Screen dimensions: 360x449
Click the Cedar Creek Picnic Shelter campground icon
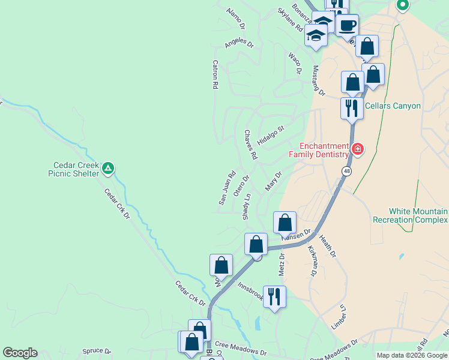[x=107, y=169]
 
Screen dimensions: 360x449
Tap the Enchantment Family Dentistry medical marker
[x=358, y=149]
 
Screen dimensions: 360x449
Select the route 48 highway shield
[x=347, y=172]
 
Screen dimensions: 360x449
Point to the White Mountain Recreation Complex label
[x=418, y=216]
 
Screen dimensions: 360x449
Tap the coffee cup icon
[x=347, y=25]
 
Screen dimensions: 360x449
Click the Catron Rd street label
[x=214, y=74]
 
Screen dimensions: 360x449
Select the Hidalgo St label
[x=270, y=135]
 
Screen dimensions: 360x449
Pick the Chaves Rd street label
[x=250, y=145]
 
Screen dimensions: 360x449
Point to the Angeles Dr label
[x=240, y=44]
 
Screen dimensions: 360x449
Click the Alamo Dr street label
[x=236, y=19]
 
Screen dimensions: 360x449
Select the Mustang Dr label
[x=318, y=81]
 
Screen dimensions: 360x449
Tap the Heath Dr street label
[x=328, y=247]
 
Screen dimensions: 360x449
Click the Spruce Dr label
[x=97, y=351]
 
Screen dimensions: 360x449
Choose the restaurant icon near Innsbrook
[x=274, y=296]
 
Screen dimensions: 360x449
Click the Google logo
[x=20, y=353]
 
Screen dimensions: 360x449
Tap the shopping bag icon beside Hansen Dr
[x=285, y=223]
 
